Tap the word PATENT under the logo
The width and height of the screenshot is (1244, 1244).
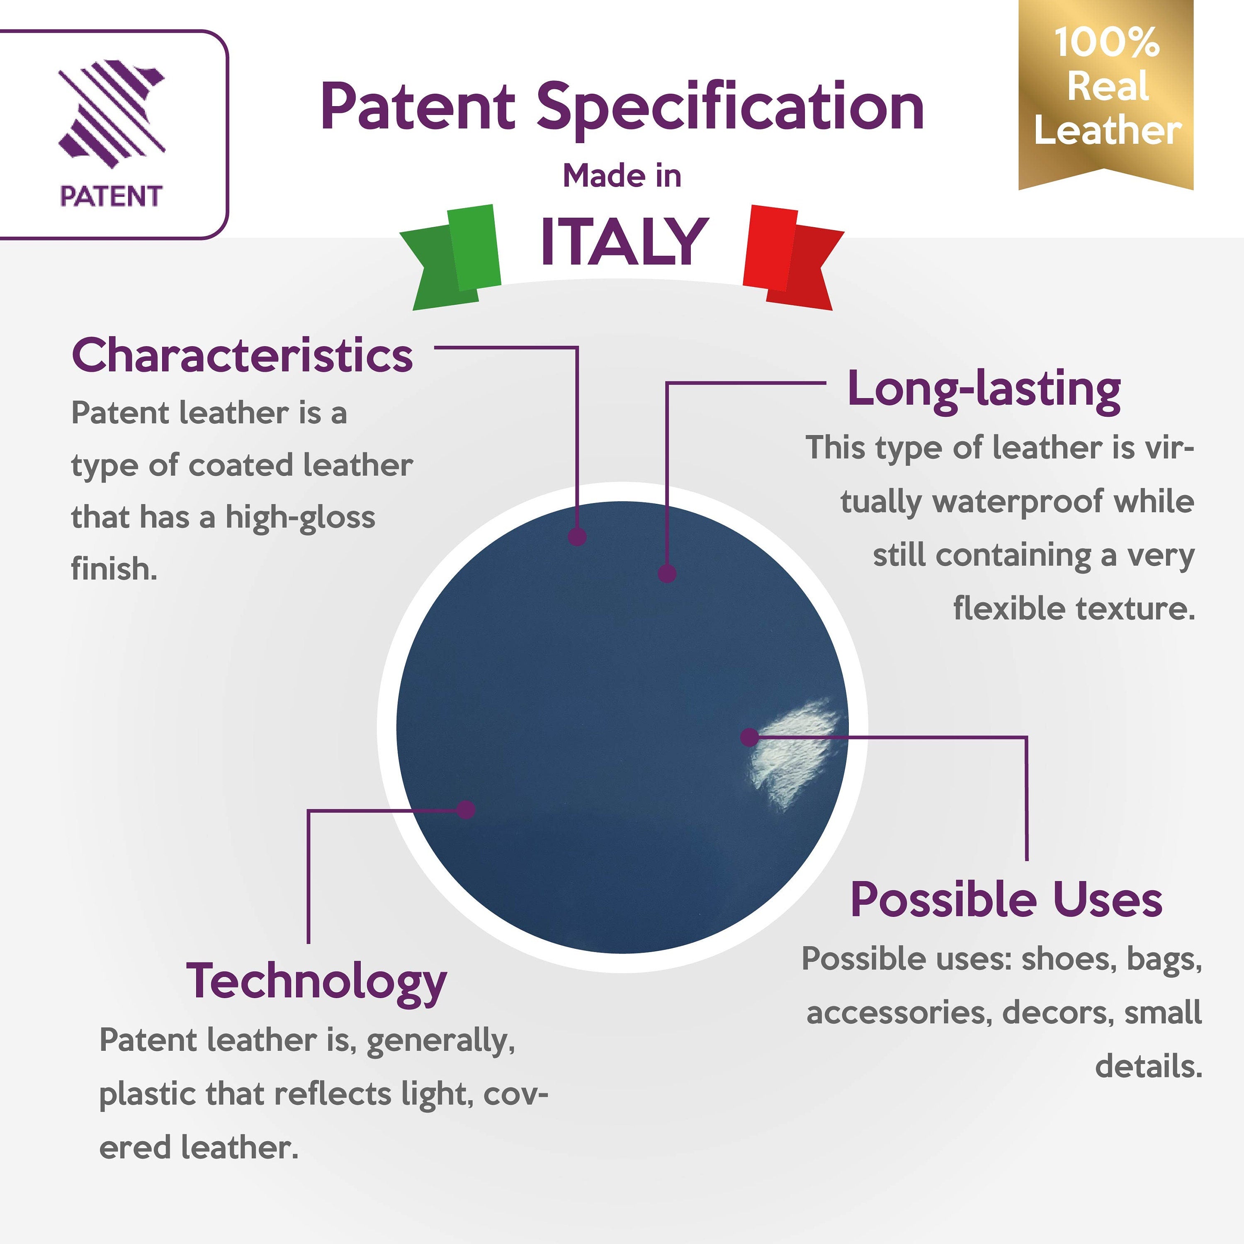(x=111, y=196)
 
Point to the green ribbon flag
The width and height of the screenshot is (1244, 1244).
(x=451, y=258)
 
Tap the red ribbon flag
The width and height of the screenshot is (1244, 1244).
(x=793, y=258)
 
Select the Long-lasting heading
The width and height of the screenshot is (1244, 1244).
(x=984, y=390)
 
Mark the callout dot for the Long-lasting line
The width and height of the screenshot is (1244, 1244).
(x=667, y=573)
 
